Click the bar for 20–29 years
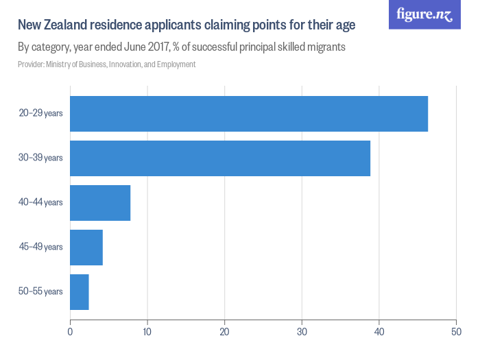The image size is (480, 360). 249,114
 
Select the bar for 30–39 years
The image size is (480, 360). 220,158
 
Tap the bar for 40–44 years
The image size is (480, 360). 100,203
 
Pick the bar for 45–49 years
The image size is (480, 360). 86,248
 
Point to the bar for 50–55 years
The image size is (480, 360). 80,292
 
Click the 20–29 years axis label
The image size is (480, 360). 41,114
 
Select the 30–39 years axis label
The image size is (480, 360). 41,158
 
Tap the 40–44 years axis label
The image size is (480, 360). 41,203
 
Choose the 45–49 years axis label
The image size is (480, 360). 41,248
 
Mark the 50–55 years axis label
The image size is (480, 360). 41,292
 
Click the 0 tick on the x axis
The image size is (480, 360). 70,333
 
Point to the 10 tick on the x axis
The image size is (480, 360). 147,333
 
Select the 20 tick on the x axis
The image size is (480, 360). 224,333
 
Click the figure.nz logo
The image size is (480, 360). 424,14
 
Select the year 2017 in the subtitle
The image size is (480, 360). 159,47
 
